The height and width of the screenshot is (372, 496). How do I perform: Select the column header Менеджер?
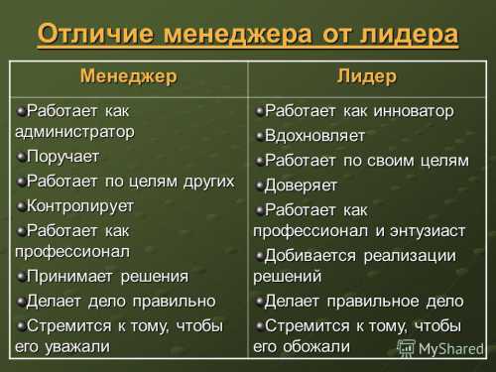[x=128, y=76]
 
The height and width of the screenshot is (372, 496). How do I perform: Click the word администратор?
[x=74, y=131]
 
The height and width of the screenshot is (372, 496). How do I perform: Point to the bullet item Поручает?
[x=62, y=156]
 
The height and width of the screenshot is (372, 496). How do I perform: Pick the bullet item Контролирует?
[x=79, y=204]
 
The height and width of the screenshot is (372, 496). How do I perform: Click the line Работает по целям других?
[x=129, y=181]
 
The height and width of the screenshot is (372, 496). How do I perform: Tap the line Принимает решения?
[x=107, y=276]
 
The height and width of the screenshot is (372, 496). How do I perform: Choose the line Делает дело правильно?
[x=120, y=301]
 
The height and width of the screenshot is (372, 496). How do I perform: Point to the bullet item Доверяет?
[x=301, y=185]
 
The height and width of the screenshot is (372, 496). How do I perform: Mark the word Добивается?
[x=314, y=256]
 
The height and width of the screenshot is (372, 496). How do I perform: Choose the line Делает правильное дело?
[x=363, y=301]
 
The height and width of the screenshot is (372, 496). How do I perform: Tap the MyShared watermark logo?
[x=438, y=349]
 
